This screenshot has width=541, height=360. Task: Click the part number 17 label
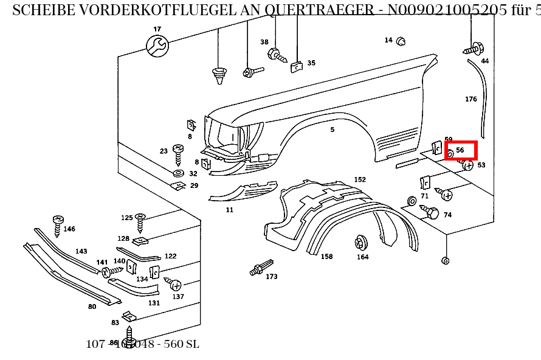click(x=157, y=29)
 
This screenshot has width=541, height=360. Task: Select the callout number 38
click(x=264, y=42)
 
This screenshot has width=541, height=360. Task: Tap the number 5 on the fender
click(x=332, y=130)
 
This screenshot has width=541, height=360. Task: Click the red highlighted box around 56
click(x=460, y=150)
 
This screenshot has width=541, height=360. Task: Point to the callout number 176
click(x=471, y=99)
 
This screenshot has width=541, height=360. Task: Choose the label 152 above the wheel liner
click(x=360, y=179)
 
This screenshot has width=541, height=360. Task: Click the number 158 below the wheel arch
click(x=326, y=257)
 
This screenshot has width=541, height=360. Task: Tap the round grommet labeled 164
click(x=361, y=243)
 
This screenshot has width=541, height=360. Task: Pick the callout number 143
click(x=81, y=251)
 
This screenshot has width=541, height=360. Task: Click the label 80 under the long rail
click(x=92, y=306)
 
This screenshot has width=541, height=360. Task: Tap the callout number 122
click(x=170, y=256)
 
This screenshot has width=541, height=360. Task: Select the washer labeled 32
click(x=179, y=174)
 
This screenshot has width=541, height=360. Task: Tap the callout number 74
click(x=447, y=215)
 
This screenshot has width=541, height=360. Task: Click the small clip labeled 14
click(x=401, y=41)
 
